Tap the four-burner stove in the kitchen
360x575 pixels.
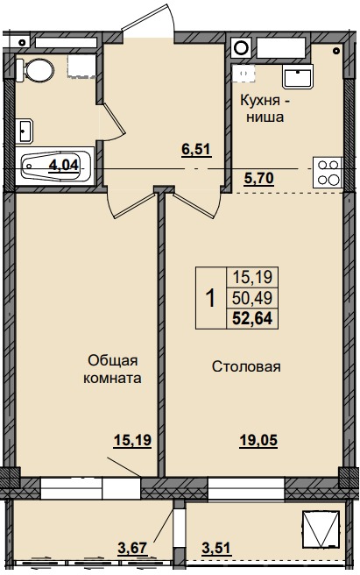[328, 171]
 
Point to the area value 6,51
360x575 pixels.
[195, 149]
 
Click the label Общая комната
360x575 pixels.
[113, 369]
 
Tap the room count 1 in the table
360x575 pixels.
[210, 298]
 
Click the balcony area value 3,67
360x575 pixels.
[134, 550]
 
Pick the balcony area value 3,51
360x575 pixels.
[218, 550]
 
